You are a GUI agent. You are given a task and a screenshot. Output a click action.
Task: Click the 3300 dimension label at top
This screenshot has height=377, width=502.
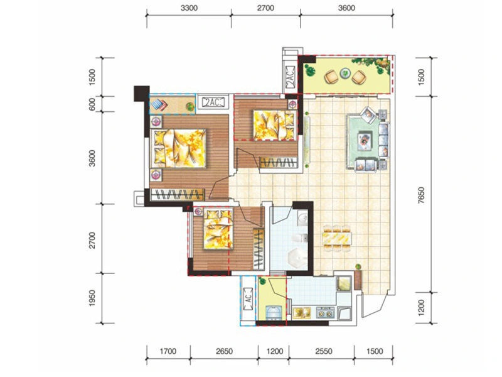point(189,8)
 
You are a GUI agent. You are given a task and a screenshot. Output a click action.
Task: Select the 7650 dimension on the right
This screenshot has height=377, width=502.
point(421,195)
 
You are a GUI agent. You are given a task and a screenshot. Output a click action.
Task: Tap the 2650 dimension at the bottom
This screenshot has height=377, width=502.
point(224,351)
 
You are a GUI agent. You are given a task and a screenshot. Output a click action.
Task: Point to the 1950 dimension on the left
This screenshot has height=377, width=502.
point(92,298)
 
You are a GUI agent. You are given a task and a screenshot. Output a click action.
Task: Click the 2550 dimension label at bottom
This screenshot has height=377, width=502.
point(324,351)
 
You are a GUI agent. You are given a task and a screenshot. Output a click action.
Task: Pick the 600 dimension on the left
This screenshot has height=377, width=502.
point(92,104)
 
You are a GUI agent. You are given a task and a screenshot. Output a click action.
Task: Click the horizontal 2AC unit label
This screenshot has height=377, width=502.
point(213,102)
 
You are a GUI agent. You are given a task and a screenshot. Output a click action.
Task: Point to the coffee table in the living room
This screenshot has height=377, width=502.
point(365,140)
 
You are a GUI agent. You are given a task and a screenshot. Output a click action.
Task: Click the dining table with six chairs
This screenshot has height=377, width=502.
point(337,239)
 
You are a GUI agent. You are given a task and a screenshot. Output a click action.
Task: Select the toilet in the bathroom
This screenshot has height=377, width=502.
point(300,238)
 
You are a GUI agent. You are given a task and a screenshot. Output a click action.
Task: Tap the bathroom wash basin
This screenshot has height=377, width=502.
point(302,219)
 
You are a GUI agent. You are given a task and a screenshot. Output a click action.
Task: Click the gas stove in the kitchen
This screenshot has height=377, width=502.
point(325,313)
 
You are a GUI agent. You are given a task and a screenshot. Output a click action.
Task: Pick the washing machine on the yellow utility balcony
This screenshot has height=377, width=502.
point(274,313)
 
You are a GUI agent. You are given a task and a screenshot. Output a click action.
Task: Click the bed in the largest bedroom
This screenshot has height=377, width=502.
point(178,148)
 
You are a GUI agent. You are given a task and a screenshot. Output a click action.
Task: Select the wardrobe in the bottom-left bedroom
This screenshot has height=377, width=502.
point(259,248)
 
